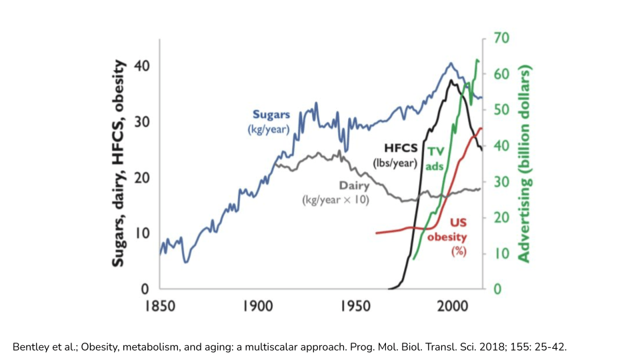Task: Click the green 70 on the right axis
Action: [x=501, y=38]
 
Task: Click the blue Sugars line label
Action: [x=271, y=115]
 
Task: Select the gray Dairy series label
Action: [x=354, y=186]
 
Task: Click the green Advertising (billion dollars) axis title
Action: [x=524, y=164]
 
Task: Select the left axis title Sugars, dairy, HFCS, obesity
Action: [x=118, y=164]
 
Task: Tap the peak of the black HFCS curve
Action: [x=452, y=81]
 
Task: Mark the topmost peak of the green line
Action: [x=477, y=60]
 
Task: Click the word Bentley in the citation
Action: [x=31, y=347]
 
